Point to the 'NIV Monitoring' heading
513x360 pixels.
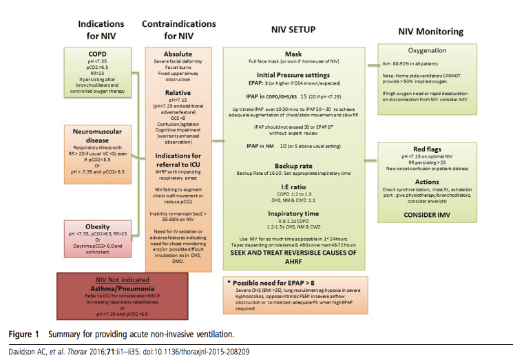[x=432, y=31]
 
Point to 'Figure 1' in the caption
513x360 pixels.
[x=23, y=335]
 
